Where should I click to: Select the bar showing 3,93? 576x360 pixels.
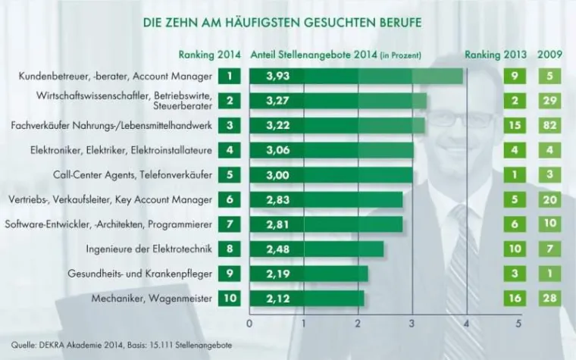click(x=356, y=77)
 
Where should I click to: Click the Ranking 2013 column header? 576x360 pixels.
click(x=497, y=55)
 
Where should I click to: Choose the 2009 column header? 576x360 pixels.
click(x=549, y=55)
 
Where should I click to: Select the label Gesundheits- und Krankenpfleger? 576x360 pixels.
click(x=138, y=274)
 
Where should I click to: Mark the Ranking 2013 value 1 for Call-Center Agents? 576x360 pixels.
click(x=515, y=175)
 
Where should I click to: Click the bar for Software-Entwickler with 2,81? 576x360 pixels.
click(x=326, y=224)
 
